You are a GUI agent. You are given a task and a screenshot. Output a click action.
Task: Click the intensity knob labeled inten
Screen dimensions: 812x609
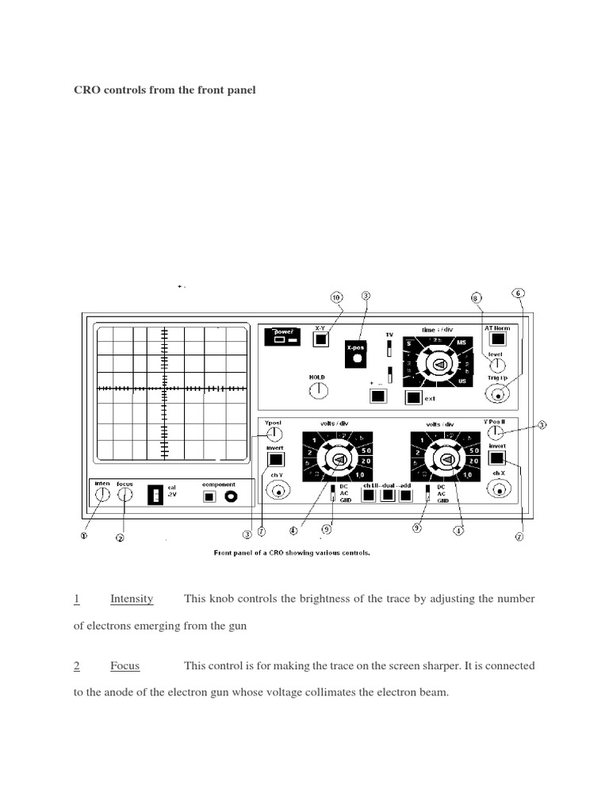click(102, 496)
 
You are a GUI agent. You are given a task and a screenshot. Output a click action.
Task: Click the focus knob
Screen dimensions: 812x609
click(125, 496)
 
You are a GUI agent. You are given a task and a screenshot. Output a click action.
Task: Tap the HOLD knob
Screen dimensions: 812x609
click(318, 389)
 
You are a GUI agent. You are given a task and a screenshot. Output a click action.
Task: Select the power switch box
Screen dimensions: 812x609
click(283, 337)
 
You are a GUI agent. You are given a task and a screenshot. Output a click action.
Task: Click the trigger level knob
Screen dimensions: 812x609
click(496, 365)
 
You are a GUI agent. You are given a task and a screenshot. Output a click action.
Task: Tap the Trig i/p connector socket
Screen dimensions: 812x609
click(497, 395)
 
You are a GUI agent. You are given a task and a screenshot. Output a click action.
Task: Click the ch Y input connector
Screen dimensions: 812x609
click(278, 492)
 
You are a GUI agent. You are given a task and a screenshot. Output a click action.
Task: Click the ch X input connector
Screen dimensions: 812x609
click(497, 492)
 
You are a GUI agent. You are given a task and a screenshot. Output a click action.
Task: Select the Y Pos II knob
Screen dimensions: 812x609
click(496, 433)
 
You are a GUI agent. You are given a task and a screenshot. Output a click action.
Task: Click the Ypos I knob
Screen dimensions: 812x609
click(274, 434)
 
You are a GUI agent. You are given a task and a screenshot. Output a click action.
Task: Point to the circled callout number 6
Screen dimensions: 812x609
click(519, 292)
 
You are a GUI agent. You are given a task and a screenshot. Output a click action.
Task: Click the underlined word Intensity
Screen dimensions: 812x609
click(132, 599)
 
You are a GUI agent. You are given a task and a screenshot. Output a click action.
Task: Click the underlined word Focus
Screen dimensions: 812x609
click(124, 666)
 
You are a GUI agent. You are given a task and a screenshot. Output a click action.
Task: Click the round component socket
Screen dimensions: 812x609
click(232, 496)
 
